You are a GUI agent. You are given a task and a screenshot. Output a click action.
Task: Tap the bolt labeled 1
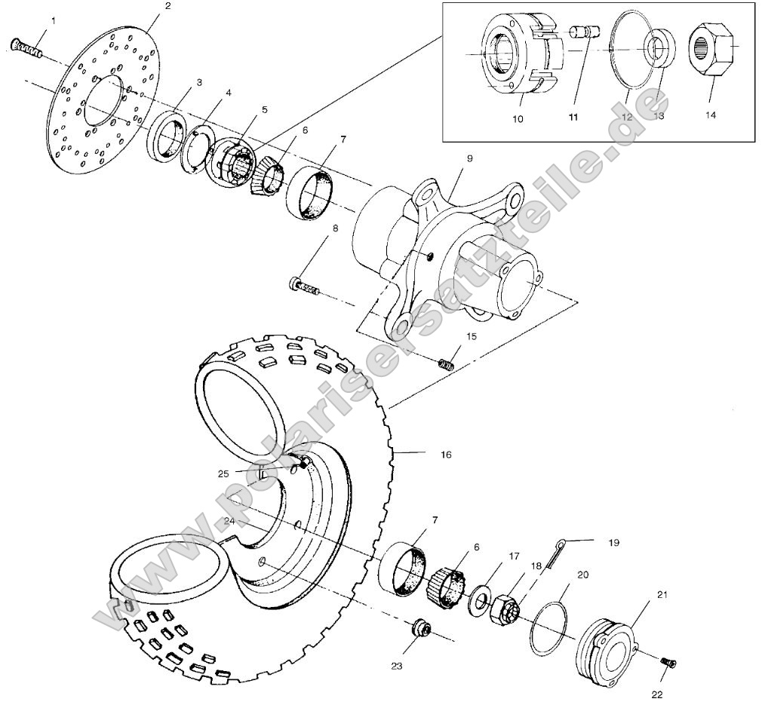(x=26, y=49)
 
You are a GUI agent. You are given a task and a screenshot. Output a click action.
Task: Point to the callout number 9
(x=469, y=159)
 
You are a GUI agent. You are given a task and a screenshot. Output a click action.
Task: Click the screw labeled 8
(x=303, y=287)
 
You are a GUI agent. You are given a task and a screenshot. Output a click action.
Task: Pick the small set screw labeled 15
(x=447, y=364)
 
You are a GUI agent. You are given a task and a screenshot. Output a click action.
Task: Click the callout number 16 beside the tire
(x=445, y=455)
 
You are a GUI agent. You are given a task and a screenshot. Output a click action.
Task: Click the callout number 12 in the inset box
(x=628, y=117)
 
